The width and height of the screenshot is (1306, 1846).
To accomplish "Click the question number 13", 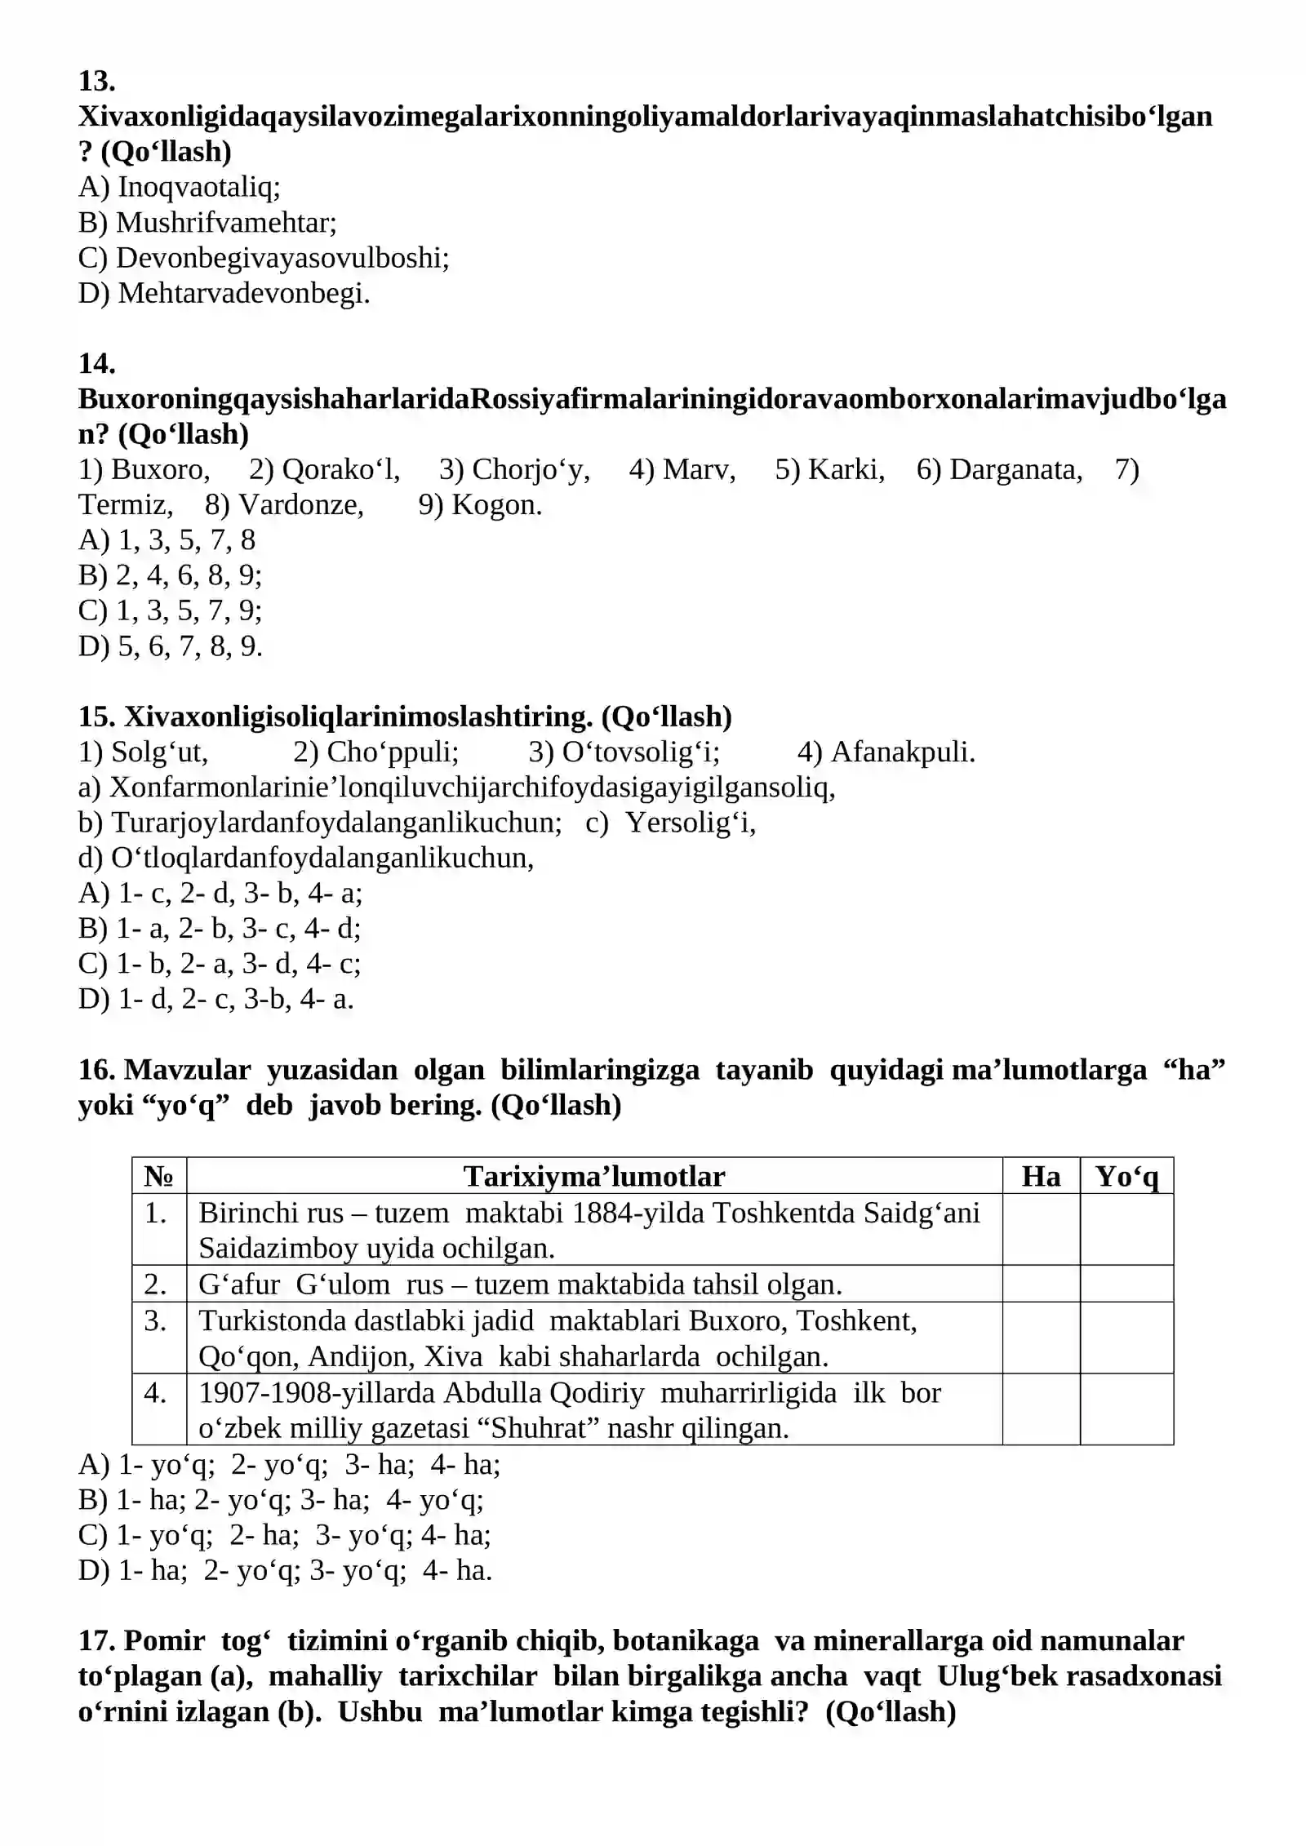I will pyautogui.click(x=96, y=81).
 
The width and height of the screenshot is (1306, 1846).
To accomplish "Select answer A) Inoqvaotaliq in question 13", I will pyautogui.click(x=179, y=187).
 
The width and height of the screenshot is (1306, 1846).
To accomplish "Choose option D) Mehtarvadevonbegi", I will pyautogui.click(x=224, y=293).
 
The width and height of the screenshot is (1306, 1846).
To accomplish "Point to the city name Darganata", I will pyautogui.click(x=1015, y=469).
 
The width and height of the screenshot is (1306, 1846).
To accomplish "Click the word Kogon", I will pyautogui.click(x=496, y=504).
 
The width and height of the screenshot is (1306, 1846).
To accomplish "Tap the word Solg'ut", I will pyautogui.click(x=160, y=752).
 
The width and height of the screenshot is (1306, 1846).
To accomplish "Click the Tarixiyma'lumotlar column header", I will pyautogui.click(x=593, y=1176).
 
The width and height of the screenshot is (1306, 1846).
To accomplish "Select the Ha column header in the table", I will pyautogui.click(x=1041, y=1176).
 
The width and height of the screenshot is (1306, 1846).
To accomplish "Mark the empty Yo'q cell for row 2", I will pyautogui.click(x=1126, y=1284).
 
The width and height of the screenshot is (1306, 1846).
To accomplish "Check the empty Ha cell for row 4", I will pyautogui.click(x=1041, y=1409).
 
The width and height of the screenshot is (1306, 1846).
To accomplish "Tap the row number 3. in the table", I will pyautogui.click(x=156, y=1320).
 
